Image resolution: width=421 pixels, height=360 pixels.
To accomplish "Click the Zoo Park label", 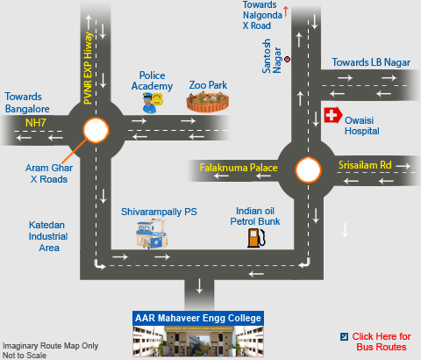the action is [208, 85].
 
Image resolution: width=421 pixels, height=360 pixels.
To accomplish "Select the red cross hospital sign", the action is [333, 115].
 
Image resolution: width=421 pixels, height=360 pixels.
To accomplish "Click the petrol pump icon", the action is [256, 238].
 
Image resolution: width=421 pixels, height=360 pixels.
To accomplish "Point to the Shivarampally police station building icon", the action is [152, 234].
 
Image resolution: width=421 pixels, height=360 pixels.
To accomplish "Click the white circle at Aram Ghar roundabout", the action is [96, 130].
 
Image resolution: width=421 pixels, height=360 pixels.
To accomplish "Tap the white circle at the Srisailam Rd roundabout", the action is [308, 170].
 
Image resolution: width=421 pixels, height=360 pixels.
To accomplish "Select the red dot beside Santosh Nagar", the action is [288, 60].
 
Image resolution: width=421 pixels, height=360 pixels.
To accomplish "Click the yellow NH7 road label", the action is [35, 123].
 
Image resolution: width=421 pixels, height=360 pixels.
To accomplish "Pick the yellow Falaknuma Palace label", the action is [239, 168].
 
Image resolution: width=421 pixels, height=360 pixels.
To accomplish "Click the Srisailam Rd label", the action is [365, 165].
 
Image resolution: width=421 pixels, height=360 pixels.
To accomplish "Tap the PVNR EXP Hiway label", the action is [88, 68].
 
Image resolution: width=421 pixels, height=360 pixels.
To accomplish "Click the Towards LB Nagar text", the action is [371, 62].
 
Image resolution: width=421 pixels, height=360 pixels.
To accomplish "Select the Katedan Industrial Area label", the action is [48, 236].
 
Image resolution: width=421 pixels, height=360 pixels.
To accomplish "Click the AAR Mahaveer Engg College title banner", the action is [198, 318].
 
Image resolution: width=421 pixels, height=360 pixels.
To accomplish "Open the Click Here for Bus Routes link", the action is [382, 342].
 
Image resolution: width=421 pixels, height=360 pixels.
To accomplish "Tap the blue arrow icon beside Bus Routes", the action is [344, 336].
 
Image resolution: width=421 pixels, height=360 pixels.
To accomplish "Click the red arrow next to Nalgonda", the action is [286, 11].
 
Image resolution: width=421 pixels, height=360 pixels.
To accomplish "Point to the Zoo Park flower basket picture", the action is [208, 102].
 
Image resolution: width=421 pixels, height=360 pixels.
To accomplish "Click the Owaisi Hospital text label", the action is [362, 126].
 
